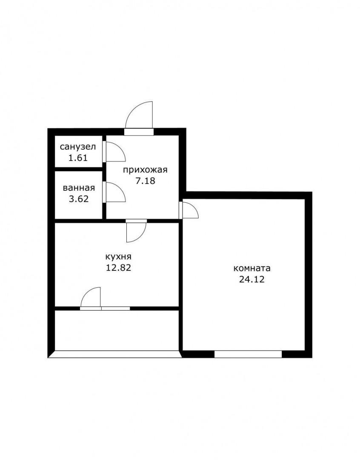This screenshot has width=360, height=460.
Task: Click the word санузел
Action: (78, 147)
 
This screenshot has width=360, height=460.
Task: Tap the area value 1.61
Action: (78, 158)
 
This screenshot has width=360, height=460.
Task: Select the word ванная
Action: (79, 188)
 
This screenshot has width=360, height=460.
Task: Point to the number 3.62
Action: (79, 199)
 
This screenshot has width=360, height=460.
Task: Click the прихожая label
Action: (145, 170)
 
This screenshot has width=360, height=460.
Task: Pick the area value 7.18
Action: (145, 181)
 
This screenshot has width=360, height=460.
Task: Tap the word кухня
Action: (118, 257)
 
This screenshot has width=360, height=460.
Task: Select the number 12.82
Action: (118, 267)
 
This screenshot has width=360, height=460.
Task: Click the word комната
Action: (252, 268)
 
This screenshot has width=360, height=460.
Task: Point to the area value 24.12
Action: (252, 279)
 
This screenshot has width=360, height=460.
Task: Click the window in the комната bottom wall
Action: (248, 354)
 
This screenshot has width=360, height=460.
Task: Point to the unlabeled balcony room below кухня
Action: (117, 330)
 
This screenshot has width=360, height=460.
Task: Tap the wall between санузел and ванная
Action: (79, 169)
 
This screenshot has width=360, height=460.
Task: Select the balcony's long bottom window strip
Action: (115, 354)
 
